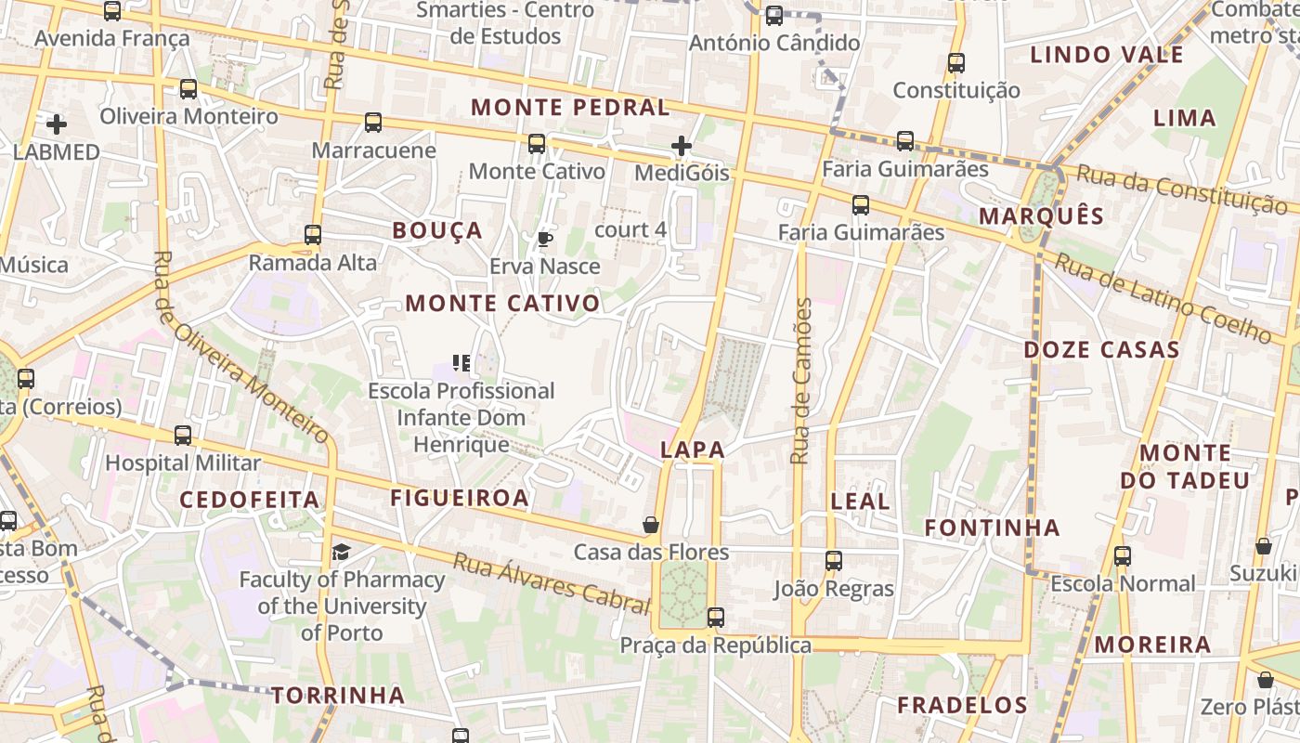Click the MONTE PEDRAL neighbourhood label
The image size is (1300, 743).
pyautogui.click(x=570, y=108)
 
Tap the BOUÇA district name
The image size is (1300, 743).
pyautogui.click(x=437, y=230)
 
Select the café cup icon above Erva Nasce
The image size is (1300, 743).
pyautogui.click(x=545, y=239)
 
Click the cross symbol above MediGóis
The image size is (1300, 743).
pyautogui.click(x=682, y=146)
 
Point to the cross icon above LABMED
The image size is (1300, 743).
pyautogui.click(x=57, y=124)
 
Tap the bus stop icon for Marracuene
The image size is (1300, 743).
pyautogui.click(x=373, y=122)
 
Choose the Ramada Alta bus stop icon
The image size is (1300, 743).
pyautogui.click(x=313, y=235)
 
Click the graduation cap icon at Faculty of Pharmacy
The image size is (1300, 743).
pyautogui.click(x=342, y=553)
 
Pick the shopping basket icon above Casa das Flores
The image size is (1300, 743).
pyautogui.click(x=651, y=525)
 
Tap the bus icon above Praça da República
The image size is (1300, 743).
pyautogui.click(x=715, y=617)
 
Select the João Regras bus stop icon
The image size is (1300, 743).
pyautogui.click(x=834, y=560)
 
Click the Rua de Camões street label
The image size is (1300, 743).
pyautogui.click(x=802, y=381)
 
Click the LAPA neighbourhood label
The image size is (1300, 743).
pyautogui.click(x=692, y=450)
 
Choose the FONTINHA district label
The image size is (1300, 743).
pyautogui.click(x=992, y=528)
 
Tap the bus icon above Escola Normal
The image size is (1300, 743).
pyautogui.click(x=1123, y=555)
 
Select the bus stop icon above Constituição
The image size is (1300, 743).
pyautogui.click(x=956, y=63)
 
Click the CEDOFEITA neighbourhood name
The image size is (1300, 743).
pyautogui.click(x=250, y=500)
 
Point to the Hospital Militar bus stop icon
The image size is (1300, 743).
pyautogui.click(x=183, y=435)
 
